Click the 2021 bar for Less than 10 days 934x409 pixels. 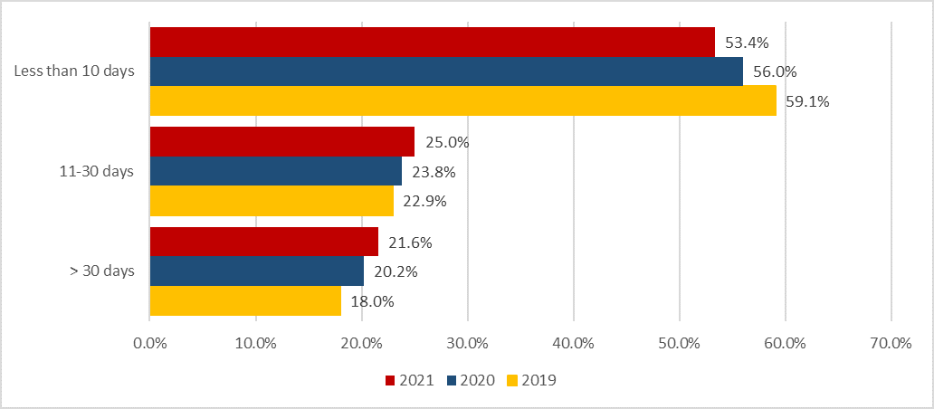click(432, 43)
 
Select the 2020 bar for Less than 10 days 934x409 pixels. click(445, 71)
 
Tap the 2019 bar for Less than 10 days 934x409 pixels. click(462, 100)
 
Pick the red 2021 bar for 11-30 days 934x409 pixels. click(281, 142)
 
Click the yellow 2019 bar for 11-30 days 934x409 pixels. click(271, 200)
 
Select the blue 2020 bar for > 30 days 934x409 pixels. click(256, 271)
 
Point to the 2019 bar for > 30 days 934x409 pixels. click(244, 300)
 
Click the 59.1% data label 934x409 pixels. click(807, 101)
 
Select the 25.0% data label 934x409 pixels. click(446, 142)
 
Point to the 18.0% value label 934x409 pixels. click(372, 301)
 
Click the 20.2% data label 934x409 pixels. click(395, 271)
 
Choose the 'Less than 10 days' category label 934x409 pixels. click(74, 72)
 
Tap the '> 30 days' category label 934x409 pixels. click(101, 271)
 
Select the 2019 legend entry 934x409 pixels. click(529, 381)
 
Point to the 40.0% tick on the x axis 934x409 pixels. click(574, 343)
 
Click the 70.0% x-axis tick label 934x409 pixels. click(891, 343)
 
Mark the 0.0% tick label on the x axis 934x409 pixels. click(149, 343)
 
